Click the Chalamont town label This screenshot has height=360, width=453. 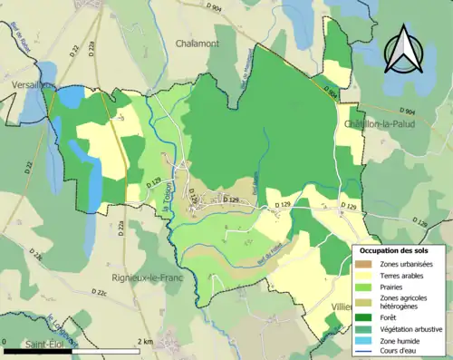point(199,44)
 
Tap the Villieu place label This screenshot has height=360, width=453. point(341,306)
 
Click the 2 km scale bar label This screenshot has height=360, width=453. point(145,342)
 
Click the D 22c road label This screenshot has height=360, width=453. point(98,293)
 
